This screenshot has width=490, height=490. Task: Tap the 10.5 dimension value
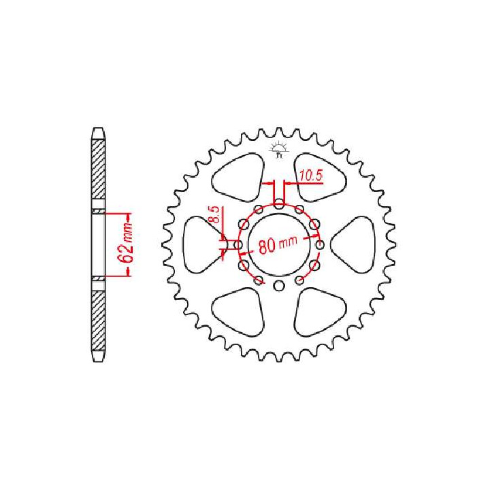point(310,176)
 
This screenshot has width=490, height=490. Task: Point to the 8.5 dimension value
point(213,217)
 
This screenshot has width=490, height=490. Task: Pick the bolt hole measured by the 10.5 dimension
point(278,202)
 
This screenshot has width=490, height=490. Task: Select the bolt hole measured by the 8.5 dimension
point(238,244)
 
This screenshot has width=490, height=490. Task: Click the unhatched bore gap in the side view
point(99,245)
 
